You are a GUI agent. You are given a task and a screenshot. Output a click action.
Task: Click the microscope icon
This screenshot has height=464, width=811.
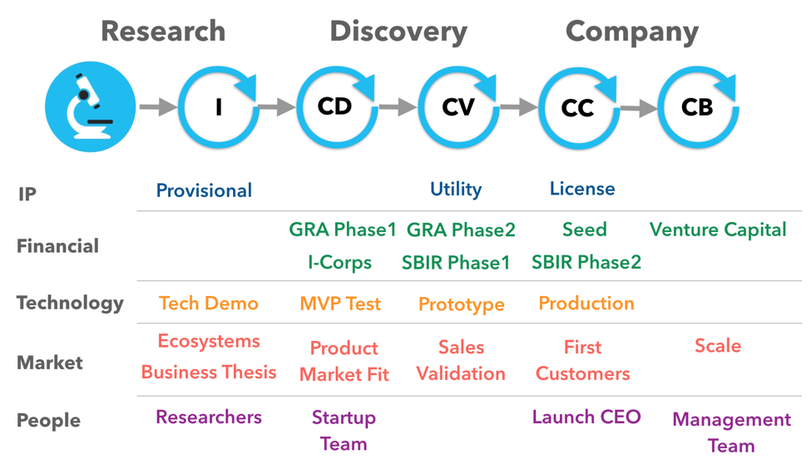click(x=90, y=106)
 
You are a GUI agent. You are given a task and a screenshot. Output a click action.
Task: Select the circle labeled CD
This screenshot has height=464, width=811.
click(x=336, y=107)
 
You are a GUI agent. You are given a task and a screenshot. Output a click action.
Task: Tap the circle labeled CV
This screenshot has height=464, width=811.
click(x=457, y=107)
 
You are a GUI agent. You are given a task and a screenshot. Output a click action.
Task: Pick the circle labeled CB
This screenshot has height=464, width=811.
click(x=697, y=107)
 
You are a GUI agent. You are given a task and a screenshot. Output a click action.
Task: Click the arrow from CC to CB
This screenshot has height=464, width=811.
click(x=638, y=107)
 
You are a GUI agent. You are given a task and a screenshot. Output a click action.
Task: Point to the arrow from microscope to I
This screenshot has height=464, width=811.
click(x=157, y=107)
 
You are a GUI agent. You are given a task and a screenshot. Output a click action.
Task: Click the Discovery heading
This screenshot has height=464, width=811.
click(x=398, y=32)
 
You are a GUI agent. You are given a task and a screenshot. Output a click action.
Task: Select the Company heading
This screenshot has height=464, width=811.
click(x=631, y=32)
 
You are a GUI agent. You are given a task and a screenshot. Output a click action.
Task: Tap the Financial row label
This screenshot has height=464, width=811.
click(x=57, y=246)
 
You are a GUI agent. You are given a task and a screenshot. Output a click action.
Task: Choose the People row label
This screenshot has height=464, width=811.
click(x=48, y=421)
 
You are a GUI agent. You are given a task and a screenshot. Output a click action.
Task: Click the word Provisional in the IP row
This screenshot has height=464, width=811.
click(x=204, y=190)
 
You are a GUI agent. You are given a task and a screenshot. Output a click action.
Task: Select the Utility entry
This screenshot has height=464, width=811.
click(x=456, y=190)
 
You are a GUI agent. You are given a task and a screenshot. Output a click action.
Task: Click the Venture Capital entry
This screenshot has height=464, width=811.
click(x=718, y=230)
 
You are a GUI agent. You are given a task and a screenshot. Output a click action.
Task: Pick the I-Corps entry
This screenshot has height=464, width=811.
click(x=339, y=263)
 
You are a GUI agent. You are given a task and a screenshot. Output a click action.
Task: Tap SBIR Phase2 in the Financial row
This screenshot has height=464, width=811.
click(x=586, y=263)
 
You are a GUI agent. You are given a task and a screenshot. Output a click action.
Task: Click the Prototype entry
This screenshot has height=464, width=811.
click(x=461, y=305)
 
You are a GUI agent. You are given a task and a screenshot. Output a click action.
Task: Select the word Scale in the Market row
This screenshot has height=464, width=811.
click(x=718, y=346)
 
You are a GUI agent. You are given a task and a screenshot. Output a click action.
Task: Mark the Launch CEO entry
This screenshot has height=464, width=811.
click(x=586, y=417)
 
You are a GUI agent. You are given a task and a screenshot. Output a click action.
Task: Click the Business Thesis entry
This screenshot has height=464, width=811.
click(x=209, y=373)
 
